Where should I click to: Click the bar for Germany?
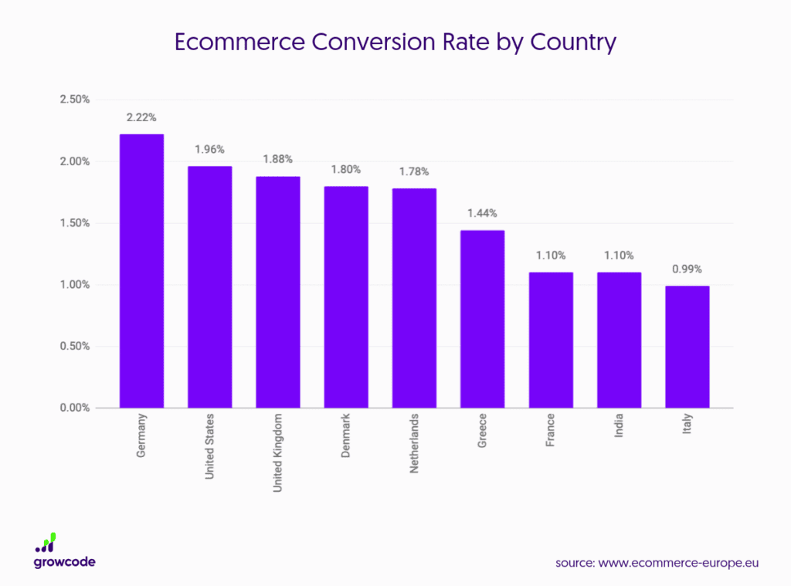tap(141, 270)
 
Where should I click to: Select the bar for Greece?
tap(482, 318)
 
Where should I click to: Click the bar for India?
tap(619, 340)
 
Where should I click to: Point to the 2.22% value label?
tap(141, 118)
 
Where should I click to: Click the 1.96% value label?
tap(209, 150)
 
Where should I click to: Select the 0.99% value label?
tap(687, 269)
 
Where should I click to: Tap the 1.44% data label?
tap(482, 214)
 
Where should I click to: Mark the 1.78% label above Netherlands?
tap(414, 172)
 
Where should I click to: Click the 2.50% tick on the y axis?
tap(76, 100)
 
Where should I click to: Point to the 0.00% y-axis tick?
tap(76, 408)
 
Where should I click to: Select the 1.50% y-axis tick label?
tap(76, 223)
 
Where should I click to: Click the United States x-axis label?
tap(210, 446)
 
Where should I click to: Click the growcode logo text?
tap(65, 562)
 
